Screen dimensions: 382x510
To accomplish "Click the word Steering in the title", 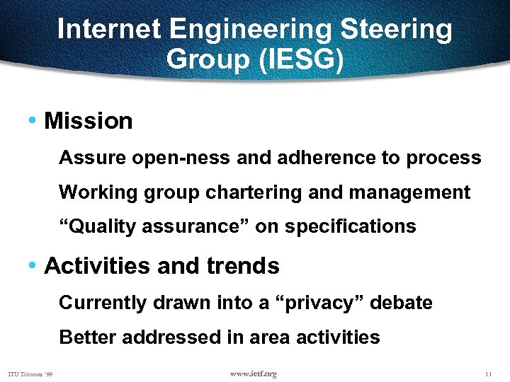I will pos(397,30).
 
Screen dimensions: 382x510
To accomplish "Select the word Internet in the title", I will pos(110,30).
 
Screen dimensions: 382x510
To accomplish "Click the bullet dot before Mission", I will pos(33,121).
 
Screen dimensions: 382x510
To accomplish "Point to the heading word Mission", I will pos(88,121).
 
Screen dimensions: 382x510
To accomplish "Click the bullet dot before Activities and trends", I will pos(33,266).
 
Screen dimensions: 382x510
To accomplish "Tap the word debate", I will pos(402,303).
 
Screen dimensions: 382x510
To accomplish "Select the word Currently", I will pos(102,303).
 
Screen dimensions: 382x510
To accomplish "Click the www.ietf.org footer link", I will pos(254,374).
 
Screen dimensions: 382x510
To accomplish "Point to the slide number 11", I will pos(487,374).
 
